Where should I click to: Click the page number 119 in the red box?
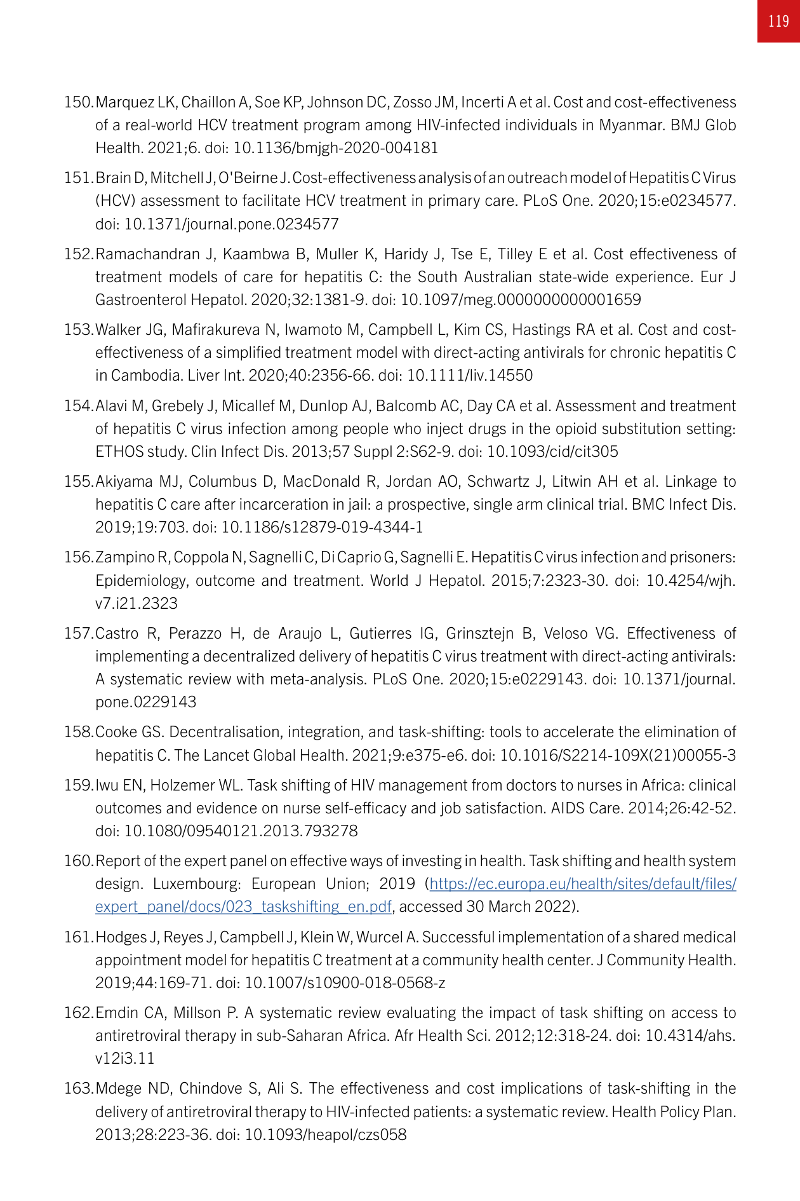[x=778, y=22]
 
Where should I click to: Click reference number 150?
[x=79, y=102]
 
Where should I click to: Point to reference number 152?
[x=79, y=254]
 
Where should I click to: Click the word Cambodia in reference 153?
[x=147, y=376]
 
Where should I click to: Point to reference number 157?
[x=79, y=634]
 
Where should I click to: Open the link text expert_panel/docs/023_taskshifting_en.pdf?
[x=243, y=907]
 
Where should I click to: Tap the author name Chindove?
[x=213, y=1089]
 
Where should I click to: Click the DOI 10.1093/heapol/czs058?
[x=325, y=1135]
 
